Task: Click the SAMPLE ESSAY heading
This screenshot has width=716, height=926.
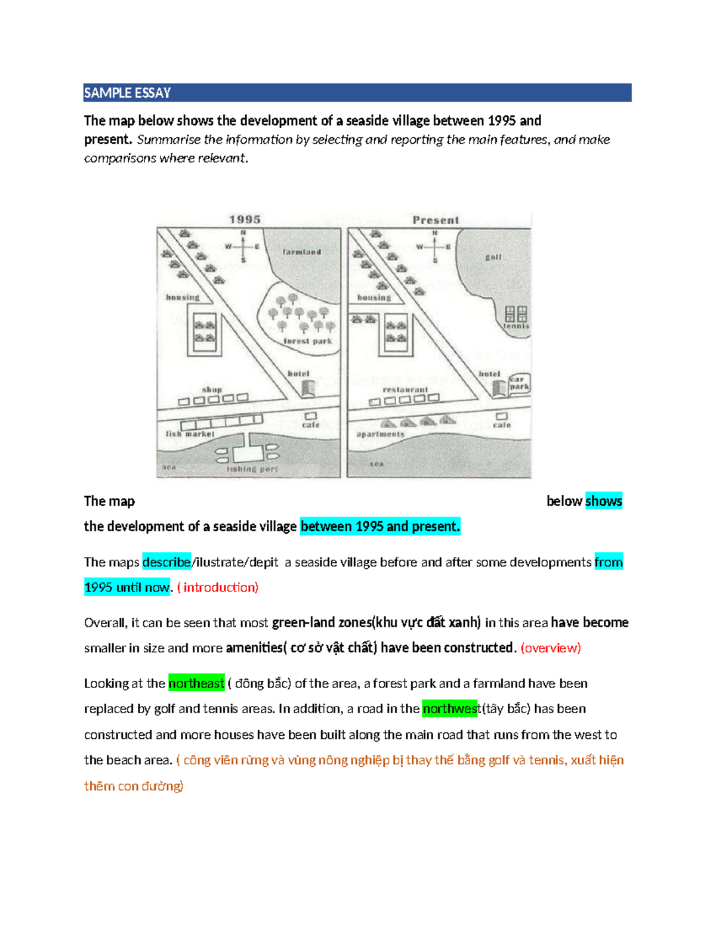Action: tap(127, 93)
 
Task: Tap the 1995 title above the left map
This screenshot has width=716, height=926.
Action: tap(245, 219)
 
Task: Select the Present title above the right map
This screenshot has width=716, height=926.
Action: tap(436, 220)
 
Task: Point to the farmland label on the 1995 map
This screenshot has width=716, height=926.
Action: tap(302, 252)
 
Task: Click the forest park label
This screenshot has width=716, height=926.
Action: tap(308, 341)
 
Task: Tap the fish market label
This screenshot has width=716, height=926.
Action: tap(190, 434)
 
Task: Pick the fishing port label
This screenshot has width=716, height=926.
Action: tap(252, 469)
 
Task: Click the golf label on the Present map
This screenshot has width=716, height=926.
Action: tap(493, 257)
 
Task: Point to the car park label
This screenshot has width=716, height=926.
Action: tap(519, 383)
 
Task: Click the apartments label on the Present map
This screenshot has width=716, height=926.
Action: tap(381, 434)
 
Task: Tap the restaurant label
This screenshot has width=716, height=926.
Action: tap(405, 389)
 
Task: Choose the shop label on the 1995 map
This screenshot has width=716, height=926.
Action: tap(212, 389)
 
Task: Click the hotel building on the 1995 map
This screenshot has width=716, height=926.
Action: tap(307, 388)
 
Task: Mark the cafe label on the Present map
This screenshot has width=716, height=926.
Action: tap(502, 425)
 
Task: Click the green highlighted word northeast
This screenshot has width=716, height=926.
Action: tap(196, 683)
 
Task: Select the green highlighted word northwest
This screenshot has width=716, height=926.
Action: tap(450, 709)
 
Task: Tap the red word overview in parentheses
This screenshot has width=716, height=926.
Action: tap(551, 648)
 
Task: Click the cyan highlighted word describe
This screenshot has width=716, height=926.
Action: tap(166, 562)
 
